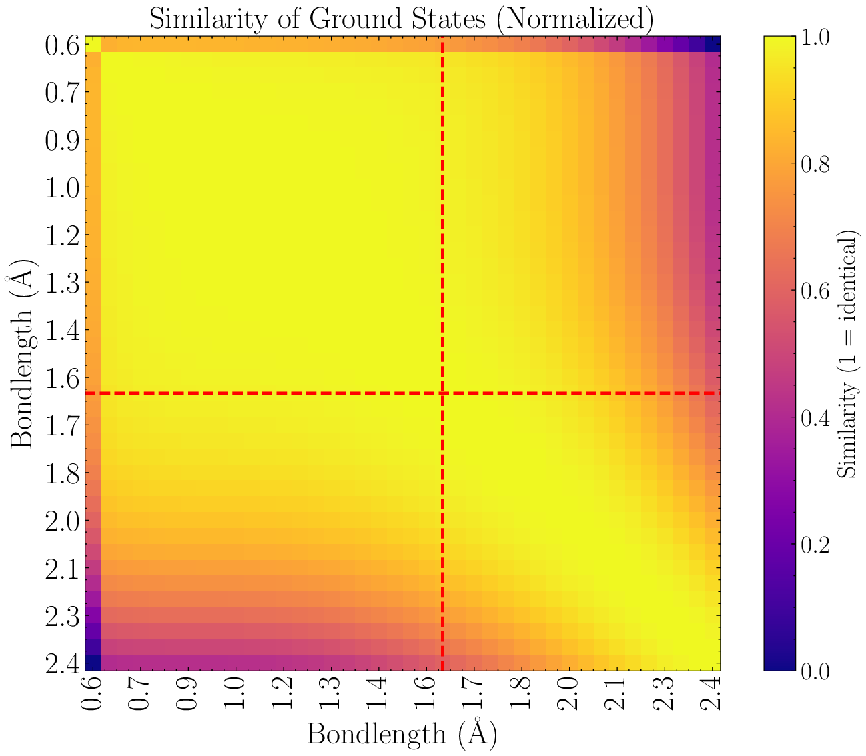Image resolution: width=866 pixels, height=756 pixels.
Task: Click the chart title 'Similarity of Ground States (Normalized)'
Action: point(400,18)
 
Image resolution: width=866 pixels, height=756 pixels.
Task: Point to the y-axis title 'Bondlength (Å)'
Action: point(22,353)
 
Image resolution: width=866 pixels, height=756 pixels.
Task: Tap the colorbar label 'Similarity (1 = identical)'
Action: point(847,353)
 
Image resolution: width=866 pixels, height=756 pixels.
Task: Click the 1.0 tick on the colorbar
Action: point(816,37)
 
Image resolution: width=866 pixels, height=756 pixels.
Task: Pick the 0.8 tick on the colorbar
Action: point(816,164)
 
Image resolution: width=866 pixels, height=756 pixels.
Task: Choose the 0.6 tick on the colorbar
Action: point(816,291)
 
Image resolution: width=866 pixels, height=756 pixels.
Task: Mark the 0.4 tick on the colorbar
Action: point(816,417)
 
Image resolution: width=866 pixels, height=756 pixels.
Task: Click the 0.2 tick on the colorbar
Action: point(816,544)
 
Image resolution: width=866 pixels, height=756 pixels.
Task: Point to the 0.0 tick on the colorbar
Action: point(816,671)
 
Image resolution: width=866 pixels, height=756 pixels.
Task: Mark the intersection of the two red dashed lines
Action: point(442,393)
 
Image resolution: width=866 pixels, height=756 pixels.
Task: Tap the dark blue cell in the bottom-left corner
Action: point(93,663)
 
